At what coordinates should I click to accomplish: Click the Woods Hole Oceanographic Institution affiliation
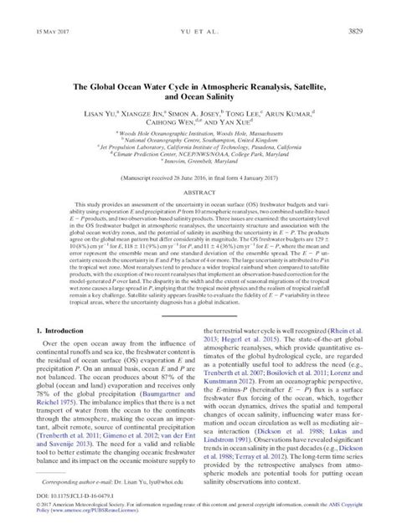coord(198,132)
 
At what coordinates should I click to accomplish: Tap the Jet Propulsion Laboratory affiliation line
coord(198,146)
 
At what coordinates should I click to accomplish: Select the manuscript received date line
coord(198,181)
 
